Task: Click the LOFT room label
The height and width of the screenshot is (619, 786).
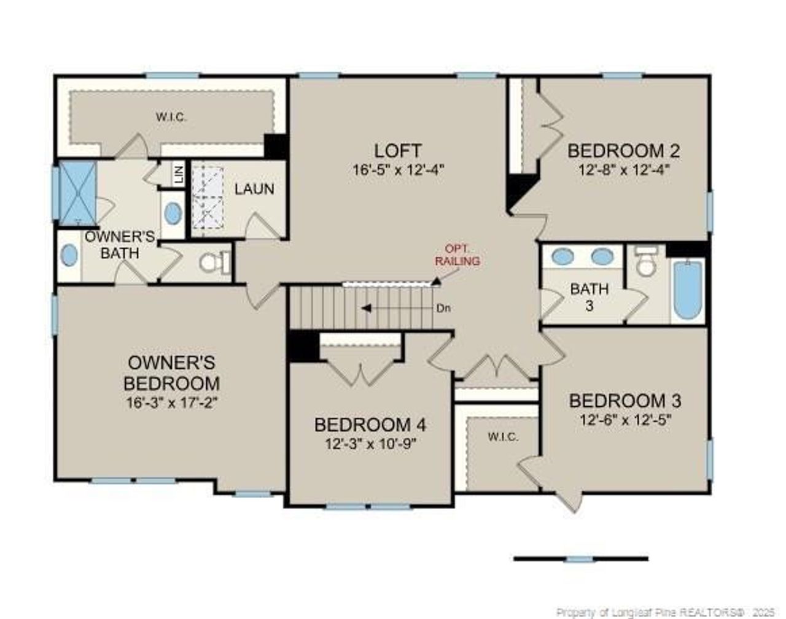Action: click(x=398, y=151)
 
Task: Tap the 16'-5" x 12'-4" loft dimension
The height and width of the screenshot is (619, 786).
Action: click(x=398, y=170)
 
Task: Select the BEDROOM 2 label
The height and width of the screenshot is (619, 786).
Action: click(x=623, y=151)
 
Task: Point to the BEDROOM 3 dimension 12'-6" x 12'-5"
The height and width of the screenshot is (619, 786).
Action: click(x=626, y=420)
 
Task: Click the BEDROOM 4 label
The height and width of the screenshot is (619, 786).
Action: click(x=370, y=425)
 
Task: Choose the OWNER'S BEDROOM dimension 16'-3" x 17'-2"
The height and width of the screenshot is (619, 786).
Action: click(x=171, y=403)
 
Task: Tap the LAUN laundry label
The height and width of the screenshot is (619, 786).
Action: click(x=254, y=189)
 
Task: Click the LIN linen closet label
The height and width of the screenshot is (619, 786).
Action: click(x=179, y=175)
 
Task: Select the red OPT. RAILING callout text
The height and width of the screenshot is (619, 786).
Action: click(x=457, y=255)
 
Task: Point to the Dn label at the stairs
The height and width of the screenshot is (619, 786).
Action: click(x=443, y=309)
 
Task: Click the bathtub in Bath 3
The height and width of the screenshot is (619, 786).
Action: click(x=688, y=290)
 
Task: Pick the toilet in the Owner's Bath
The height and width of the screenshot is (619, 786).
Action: click(x=214, y=263)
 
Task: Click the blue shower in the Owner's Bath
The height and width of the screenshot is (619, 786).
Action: click(x=77, y=193)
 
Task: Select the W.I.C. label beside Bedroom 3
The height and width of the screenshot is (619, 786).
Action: click(x=502, y=437)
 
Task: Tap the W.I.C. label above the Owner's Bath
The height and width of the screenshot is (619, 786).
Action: click(x=171, y=118)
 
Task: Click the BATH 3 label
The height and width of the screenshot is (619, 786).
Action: click(x=589, y=297)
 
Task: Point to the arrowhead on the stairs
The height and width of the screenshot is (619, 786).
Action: click(x=367, y=309)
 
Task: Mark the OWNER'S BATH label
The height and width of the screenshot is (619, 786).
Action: click(x=120, y=245)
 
